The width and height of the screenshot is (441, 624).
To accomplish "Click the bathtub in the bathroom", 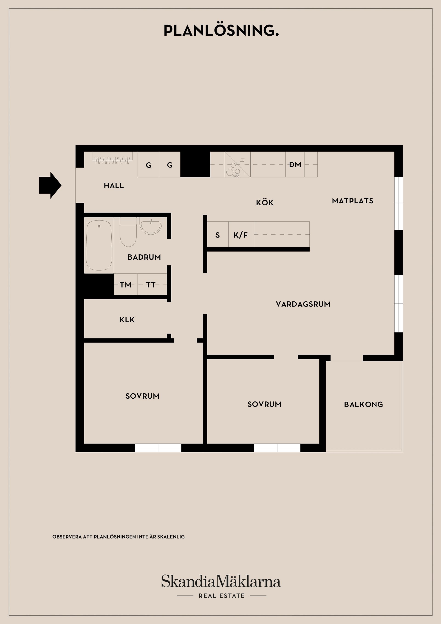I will click(99, 245).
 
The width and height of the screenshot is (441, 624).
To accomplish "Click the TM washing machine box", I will click(126, 285).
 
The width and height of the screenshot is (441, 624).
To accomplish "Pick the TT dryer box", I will click(151, 285).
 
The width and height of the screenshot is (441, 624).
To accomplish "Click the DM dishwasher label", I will click(295, 165).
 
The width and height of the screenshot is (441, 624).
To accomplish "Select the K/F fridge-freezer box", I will click(241, 235).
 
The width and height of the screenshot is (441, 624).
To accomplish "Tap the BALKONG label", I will click(363, 404).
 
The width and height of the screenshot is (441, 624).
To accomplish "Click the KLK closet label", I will click(127, 320).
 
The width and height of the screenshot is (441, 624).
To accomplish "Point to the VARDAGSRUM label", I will click(303, 304).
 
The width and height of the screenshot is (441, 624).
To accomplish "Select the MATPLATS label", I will click(352, 201).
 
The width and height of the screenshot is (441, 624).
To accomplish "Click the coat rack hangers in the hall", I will click(112, 160).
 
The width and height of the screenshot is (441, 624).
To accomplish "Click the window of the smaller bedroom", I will click(277, 448).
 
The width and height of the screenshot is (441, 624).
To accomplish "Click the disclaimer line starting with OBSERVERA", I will click(119, 537).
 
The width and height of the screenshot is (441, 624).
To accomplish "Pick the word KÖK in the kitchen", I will click(264, 202).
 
